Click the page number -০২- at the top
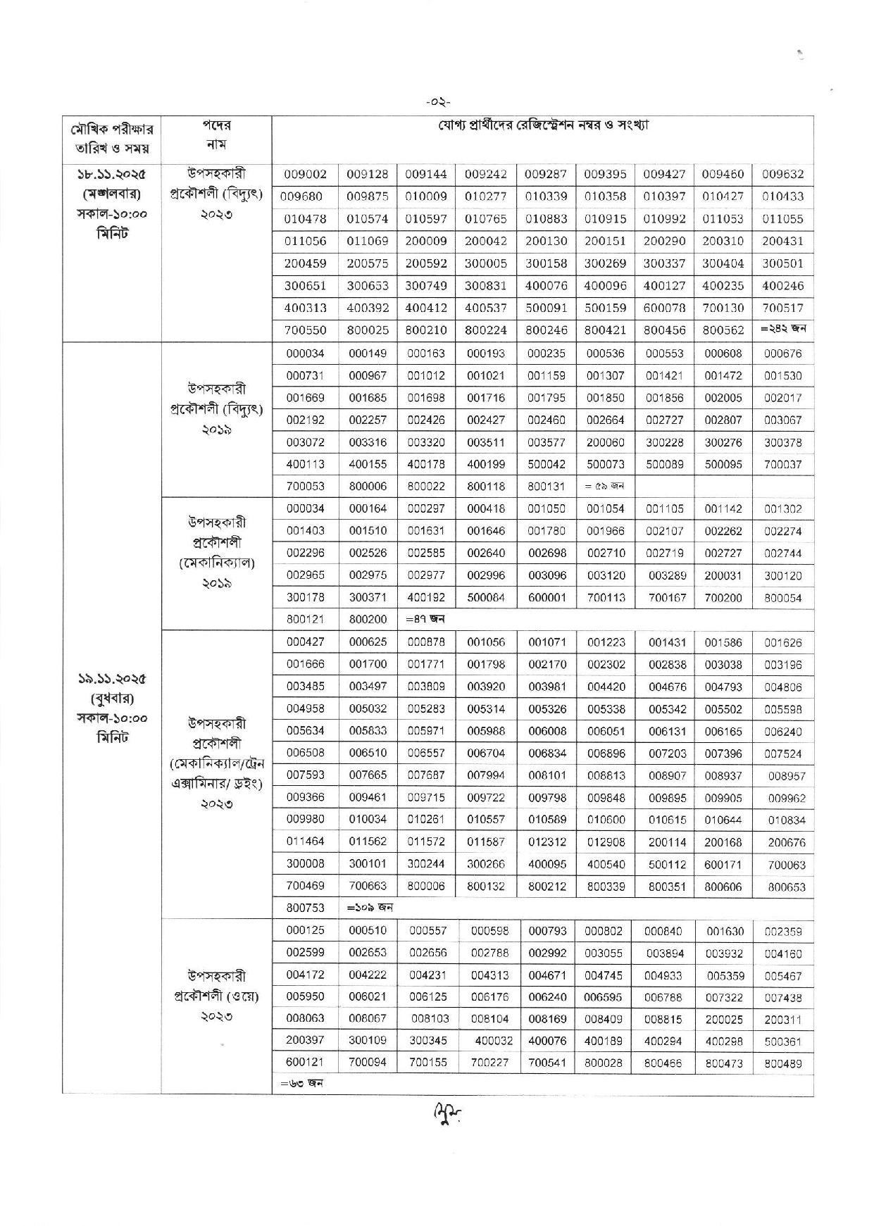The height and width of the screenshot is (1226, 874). click(x=437, y=103)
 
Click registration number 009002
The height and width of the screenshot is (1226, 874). click(x=306, y=175)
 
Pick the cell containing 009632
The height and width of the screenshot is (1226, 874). click(x=782, y=175)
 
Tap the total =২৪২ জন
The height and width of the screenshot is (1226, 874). click(x=782, y=328)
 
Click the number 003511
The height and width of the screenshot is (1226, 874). click(x=486, y=442)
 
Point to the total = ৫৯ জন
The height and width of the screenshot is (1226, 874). click(x=606, y=486)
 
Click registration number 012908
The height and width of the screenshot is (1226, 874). click(x=606, y=842)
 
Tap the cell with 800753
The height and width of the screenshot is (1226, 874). click(x=306, y=908)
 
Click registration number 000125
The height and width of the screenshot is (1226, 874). click(x=306, y=930)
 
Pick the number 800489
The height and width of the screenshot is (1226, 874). click(x=782, y=1064)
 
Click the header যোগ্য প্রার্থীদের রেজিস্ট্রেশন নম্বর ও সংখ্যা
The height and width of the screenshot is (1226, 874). click(x=542, y=126)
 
